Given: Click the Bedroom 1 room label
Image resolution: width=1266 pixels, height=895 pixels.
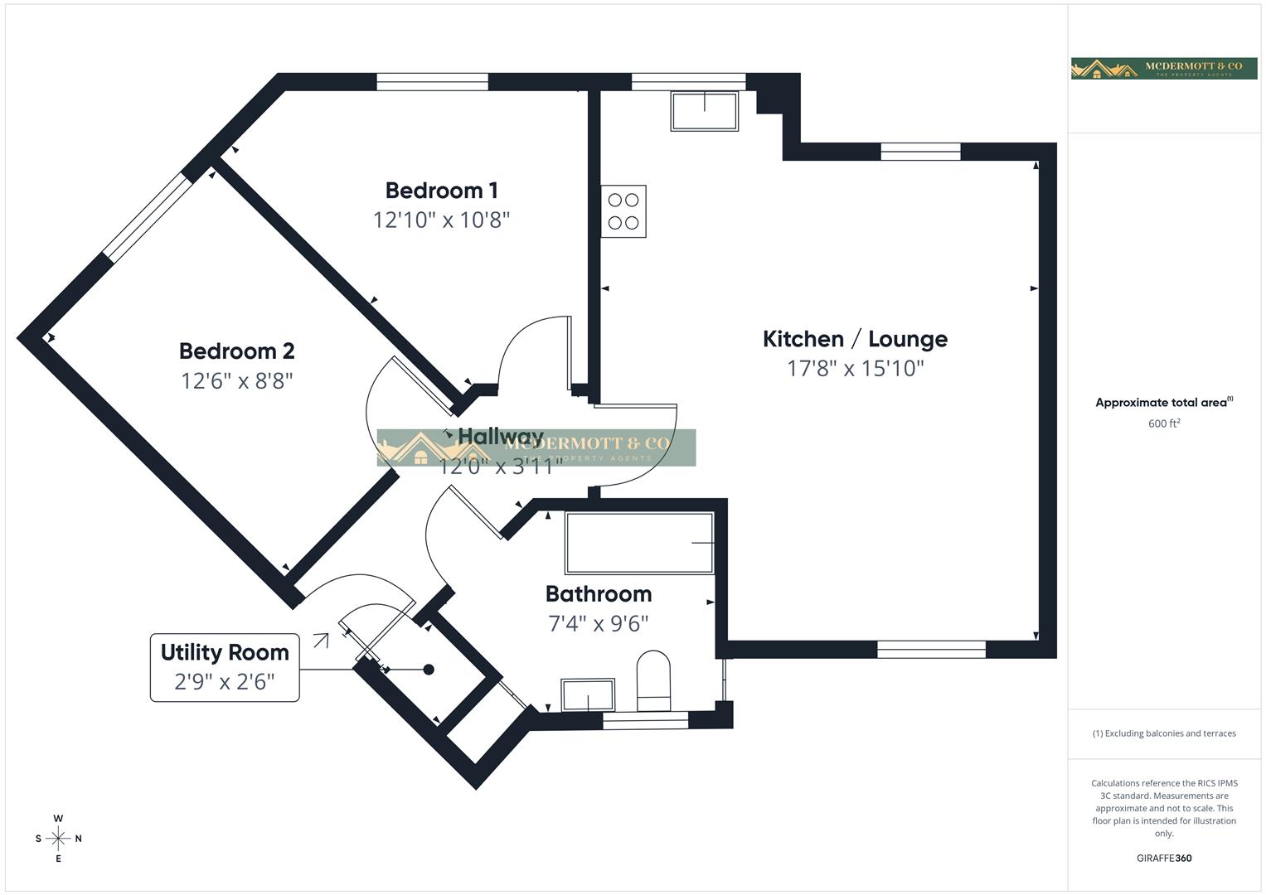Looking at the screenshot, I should pos(441,191).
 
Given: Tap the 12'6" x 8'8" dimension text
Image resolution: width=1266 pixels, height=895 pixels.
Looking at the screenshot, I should pos(237,381).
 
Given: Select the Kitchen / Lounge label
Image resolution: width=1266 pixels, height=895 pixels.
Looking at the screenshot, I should pos(855,339).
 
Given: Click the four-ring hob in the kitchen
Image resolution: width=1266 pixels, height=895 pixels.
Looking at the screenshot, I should pos(623,211).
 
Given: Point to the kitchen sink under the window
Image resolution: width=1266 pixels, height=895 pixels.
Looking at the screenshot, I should pos(705,112).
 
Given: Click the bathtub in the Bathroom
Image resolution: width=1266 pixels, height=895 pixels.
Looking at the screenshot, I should pos(639,544).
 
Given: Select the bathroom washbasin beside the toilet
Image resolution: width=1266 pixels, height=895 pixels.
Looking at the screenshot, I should pos(588,695).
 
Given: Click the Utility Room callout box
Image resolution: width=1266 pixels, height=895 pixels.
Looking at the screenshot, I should pos(225,667).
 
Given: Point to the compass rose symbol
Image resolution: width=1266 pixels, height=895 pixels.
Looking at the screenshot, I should pos(58,839).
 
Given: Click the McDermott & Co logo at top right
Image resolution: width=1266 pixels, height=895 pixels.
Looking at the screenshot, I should pos(1164,68).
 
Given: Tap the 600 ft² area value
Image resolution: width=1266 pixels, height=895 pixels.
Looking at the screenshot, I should pos(1164,423).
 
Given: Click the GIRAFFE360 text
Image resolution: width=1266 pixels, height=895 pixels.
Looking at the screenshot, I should pos(1164,858).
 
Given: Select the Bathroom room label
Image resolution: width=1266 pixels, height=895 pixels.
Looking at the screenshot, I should pos(599,594).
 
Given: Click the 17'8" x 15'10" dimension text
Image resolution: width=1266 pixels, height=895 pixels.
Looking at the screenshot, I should pos(855,369).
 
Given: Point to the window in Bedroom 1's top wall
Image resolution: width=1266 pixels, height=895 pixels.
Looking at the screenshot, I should pos(432,81).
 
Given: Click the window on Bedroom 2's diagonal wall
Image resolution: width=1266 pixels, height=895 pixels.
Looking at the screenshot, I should pos(147,215).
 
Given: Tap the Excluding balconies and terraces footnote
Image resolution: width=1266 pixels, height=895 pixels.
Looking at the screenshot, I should pos(1164,733).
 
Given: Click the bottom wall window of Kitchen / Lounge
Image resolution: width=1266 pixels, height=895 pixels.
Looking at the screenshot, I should pos(931,650).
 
